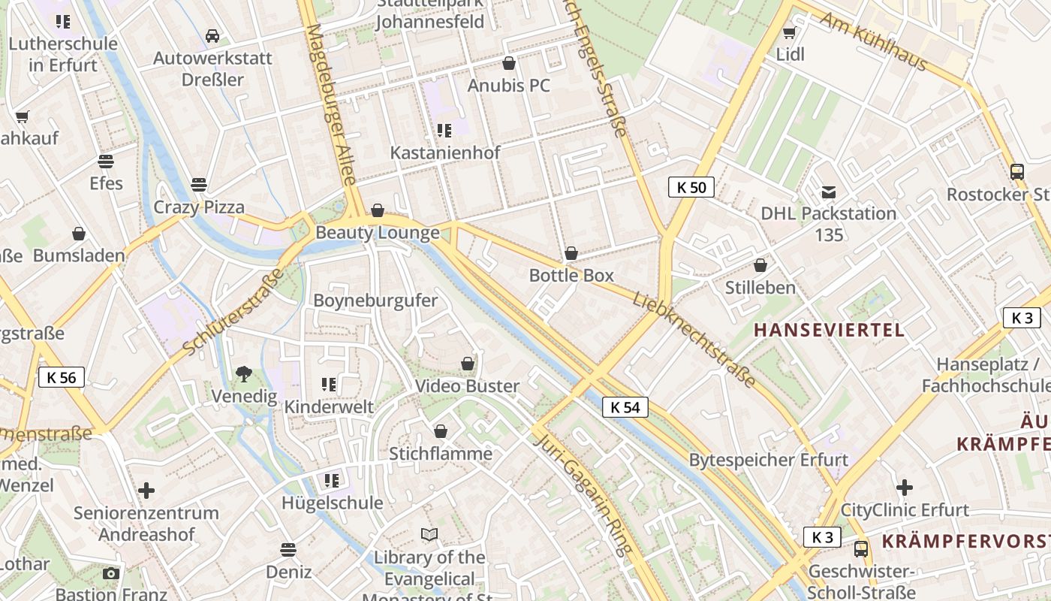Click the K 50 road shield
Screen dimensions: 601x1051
click(x=691, y=187)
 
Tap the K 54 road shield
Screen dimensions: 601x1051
click(x=625, y=407)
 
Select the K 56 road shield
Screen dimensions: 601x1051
click(x=62, y=377)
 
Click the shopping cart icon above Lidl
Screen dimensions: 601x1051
click(x=789, y=32)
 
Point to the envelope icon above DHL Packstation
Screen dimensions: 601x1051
click(x=828, y=192)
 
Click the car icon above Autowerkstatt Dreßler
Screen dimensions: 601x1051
click(x=212, y=36)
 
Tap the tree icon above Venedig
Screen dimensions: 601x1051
click(x=243, y=373)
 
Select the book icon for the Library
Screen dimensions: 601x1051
click(x=429, y=535)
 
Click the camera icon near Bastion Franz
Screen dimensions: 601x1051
click(x=111, y=573)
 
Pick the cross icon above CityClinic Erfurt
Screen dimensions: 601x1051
click(x=905, y=488)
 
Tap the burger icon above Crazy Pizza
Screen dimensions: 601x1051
click(x=199, y=184)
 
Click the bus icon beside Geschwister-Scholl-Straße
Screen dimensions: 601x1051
click(x=861, y=549)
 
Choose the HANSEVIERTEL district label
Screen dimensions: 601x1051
click(x=829, y=330)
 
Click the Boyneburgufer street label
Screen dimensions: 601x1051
click(x=375, y=300)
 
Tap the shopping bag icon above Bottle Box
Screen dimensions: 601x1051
click(x=571, y=253)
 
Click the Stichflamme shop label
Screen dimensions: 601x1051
click(x=441, y=454)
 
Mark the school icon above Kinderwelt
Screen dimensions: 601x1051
click(x=329, y=385)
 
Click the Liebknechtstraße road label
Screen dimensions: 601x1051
click(x=694, y=340)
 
